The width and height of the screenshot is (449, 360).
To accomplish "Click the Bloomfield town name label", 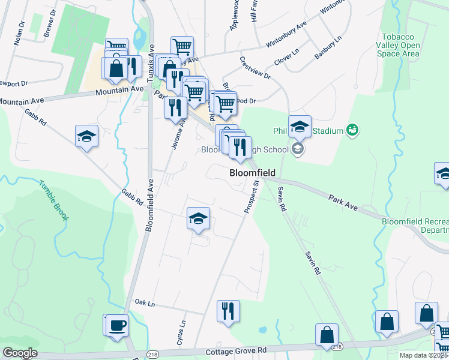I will [x=253, y=173].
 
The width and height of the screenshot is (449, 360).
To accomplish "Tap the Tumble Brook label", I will [x=53, y=200].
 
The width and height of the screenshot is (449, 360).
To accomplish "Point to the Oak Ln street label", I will [x=145, y=303].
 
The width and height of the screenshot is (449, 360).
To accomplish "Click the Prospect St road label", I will [x=251, y=193].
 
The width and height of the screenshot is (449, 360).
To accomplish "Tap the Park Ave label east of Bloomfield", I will [x=343, y=202].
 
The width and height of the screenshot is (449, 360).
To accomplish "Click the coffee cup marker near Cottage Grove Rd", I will [x=117, y=326].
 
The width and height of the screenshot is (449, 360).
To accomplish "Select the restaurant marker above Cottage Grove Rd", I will [x=228, y=311].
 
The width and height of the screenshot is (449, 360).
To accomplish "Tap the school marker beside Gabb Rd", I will [x=86, y=136].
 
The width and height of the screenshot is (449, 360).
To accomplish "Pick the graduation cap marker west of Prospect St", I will [x=198, y=219].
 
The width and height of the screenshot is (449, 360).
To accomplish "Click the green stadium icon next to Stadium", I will [x=352, y=130].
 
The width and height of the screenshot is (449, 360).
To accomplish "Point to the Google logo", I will [x=20, y=353].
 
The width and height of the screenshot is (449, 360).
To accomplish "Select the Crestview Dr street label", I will [x=255, y=68].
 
